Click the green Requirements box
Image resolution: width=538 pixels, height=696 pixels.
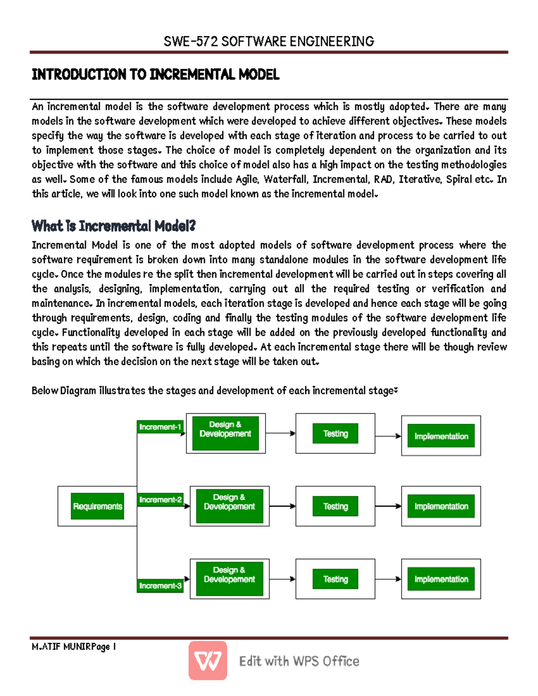[x=97, y=506]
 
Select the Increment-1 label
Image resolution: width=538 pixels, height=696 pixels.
[x=160, y=427]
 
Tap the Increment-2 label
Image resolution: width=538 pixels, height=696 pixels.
[x=160, y=500]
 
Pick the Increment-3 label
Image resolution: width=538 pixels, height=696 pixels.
[x=160, y=586]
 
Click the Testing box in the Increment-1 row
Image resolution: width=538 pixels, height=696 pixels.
[x=335, y=433]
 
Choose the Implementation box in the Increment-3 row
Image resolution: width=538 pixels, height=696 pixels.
[x=441, y=579]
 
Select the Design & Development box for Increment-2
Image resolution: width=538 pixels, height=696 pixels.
[x=230, y=506]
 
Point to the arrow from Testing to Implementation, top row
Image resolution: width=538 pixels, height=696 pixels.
[x=388, y=436]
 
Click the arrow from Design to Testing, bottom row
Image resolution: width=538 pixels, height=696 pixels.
[x=282, y=579]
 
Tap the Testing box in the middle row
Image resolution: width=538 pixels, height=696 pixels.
[x=335, y=506]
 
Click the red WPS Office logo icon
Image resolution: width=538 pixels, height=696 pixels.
[x=208, y=661]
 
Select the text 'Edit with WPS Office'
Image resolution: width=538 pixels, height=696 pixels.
[x=299, y=661]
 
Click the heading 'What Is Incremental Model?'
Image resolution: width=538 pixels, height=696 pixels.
[x=113, y=226]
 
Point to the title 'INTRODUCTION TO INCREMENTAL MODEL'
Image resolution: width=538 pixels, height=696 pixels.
[x=156, y=74]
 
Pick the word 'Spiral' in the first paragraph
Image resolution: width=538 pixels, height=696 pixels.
[x=459, y=179]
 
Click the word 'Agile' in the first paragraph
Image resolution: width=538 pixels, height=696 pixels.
[x=247, y=179]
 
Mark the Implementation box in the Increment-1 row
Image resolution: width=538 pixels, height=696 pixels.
[x=441, y=436]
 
